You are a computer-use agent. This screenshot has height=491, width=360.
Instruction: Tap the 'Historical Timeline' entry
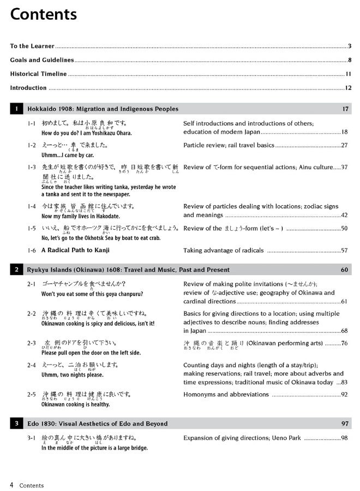38,74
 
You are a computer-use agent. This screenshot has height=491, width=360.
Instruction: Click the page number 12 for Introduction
348,88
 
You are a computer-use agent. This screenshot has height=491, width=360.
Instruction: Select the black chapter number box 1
17,109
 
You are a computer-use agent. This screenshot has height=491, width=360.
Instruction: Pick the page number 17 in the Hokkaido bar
345,109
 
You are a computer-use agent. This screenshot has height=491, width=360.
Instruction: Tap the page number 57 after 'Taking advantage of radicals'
344,251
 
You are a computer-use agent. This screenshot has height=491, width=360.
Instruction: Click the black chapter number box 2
17,270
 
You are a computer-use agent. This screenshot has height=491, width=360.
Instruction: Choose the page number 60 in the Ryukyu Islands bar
344,270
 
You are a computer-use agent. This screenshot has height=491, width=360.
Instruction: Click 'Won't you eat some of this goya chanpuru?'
92,294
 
